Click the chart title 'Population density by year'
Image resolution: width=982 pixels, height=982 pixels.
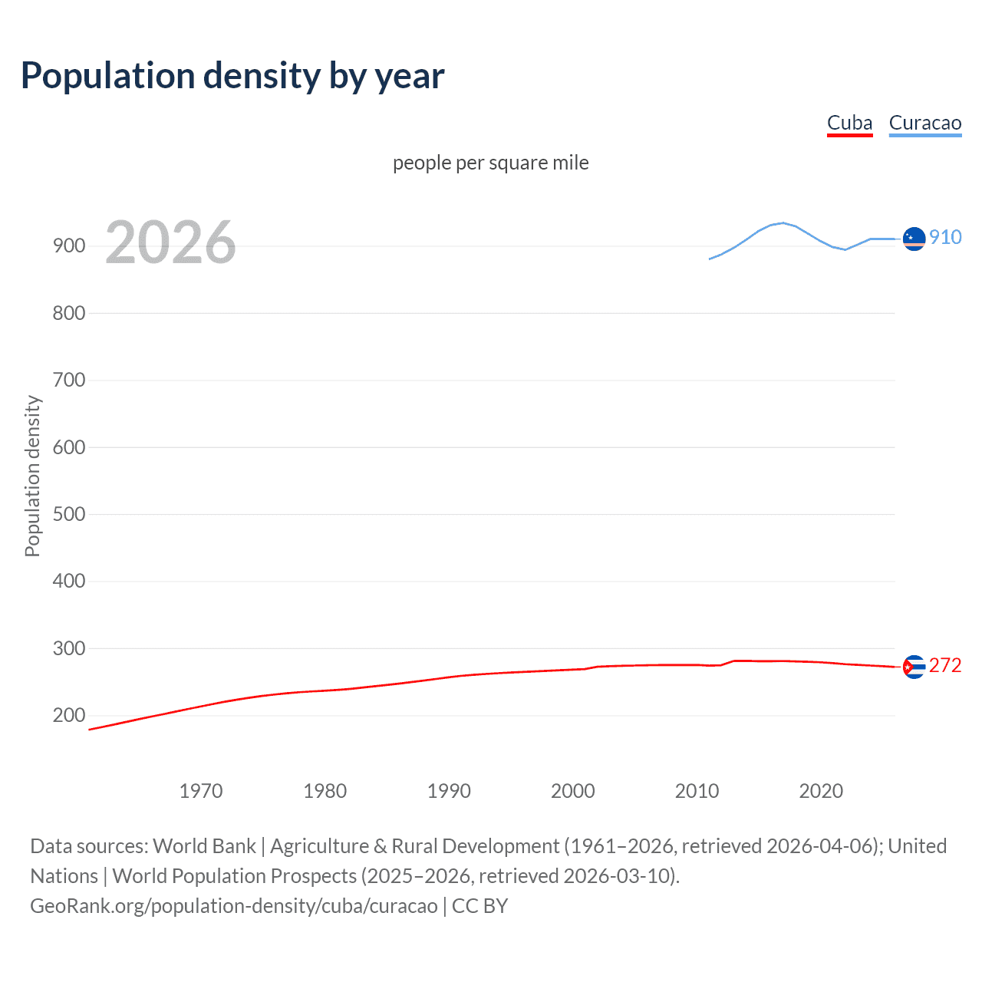[x=232, y=76]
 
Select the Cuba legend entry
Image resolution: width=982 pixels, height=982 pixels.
[x=849, y=124]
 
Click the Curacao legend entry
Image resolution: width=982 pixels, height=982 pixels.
[x=924, y=124]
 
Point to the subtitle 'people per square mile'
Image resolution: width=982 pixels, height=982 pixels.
[x=490, y=163]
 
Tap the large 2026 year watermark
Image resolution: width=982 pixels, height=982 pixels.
[x=170, y=242]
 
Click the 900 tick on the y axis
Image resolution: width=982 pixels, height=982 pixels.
[x=69, y=246]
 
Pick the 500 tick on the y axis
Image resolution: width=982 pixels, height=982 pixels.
[x=69, y=514]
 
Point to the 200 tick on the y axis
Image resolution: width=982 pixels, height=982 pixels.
[x=69, y=716]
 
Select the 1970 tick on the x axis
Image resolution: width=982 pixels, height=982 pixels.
[x=201, y=791]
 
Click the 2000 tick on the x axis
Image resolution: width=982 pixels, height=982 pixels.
[x=573, y=791]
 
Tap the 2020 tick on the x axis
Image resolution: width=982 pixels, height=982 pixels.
[x=821, y=791]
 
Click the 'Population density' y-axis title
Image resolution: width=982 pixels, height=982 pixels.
[x=32, y=476]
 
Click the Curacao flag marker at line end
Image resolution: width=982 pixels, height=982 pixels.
[x=914, y=239]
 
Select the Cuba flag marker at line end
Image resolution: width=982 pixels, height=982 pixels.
[x=914, y=667]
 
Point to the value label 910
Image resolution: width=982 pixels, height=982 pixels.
[x=945, y=237]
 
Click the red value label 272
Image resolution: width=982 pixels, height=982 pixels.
[x=945, y=665]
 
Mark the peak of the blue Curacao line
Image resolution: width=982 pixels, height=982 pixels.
[x=783, y=223]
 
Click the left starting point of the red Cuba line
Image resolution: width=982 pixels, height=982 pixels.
[x=90, y=730]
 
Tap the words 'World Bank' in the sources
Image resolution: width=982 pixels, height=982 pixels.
[x=204, y=846]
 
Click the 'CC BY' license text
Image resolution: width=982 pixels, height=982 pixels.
[x=479, y=906]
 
